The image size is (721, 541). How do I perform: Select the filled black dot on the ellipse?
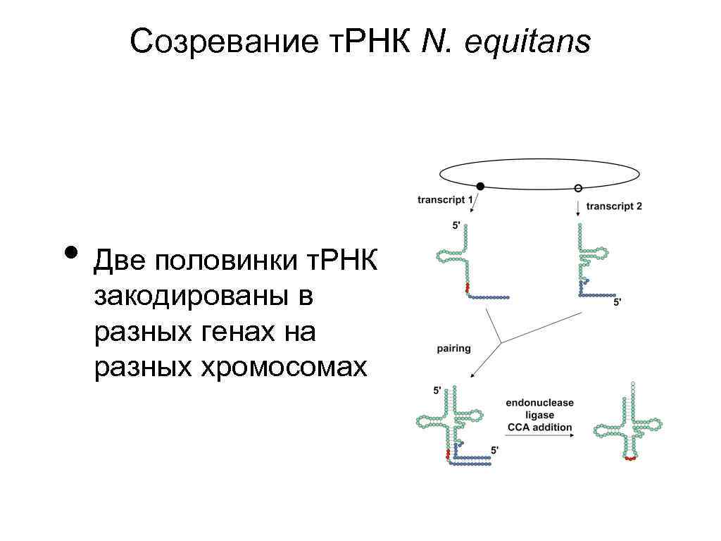coord(480,187)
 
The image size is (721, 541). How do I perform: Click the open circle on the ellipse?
coord(578,188)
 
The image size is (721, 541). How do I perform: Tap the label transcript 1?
coord(445,199)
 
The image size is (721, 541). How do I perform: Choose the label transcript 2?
coord(614,206)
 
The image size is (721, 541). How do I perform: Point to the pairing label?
coord(454,348)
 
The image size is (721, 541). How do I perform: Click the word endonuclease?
coord(539,403)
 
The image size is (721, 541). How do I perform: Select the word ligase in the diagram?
coord(540,416)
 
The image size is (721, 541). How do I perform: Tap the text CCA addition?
coord(540,428)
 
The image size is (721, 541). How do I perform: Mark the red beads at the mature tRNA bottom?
coord(630,459)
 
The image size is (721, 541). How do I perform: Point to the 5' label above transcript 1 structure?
coord(456,225)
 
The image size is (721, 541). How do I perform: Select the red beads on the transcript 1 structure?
coord(467,287)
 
